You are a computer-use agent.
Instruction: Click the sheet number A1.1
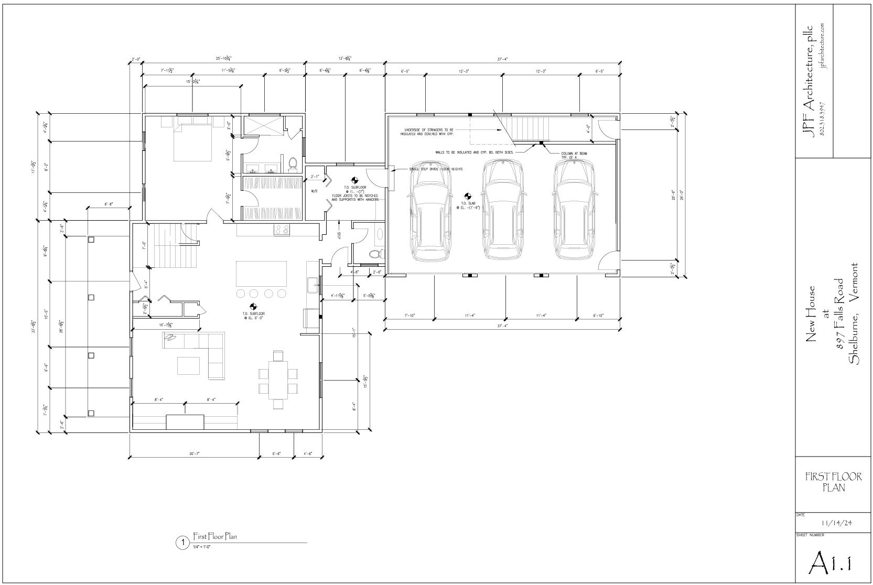830,562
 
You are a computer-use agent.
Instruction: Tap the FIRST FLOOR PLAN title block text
830,482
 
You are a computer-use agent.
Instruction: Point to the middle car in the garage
503,210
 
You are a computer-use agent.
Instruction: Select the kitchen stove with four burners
282,230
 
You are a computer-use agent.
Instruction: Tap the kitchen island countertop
261,273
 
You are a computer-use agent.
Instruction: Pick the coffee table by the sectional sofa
188,365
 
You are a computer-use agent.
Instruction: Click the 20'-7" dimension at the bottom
195,453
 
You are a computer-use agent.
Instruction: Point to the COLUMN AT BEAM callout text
574,155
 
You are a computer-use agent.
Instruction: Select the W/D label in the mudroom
315,191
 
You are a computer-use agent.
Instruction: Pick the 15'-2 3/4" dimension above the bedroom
192,81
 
